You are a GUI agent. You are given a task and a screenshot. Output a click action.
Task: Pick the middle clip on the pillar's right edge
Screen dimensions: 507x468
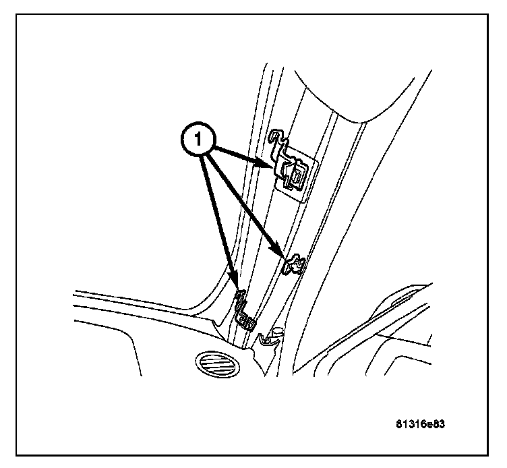[x=295, y=264]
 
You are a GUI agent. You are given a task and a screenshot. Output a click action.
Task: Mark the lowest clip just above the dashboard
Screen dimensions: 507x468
[x=244, y=312]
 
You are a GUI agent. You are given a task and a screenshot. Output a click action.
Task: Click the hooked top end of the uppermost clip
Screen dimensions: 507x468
[x=274, y=138]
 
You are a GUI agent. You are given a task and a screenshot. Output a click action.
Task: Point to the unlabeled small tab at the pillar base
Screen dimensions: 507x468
[x=271, y=335]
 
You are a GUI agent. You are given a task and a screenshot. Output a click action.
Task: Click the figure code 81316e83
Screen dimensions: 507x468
[x=422, y=426]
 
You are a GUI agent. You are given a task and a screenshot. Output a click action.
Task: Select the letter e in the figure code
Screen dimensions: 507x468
[x=431, y=426]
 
